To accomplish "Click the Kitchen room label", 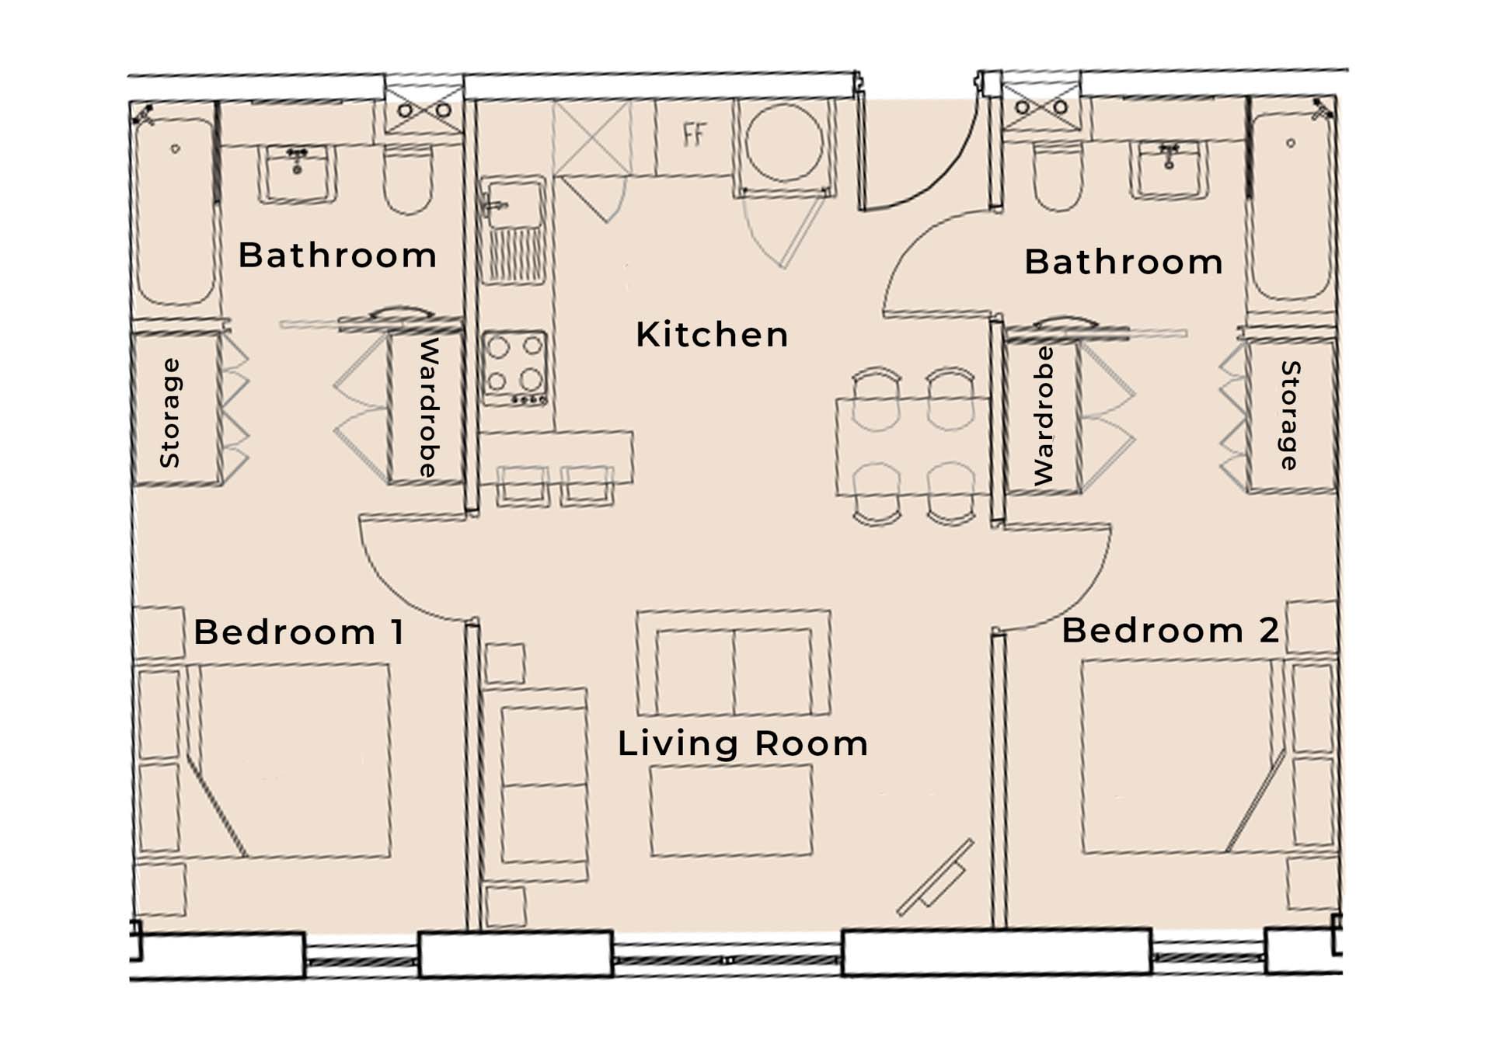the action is point(712,335).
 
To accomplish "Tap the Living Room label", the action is point(743,743).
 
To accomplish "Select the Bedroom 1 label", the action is point(299,632).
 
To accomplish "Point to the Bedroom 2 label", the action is point(1170,630).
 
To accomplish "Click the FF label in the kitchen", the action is point(694,134).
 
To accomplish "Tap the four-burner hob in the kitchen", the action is point(514,368).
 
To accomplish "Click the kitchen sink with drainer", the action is point(513,230).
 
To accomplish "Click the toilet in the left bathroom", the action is point(409,179).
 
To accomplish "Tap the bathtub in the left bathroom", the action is point(176,211).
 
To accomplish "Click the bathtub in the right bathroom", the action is point(1291,207).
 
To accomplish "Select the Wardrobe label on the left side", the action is point(429,407).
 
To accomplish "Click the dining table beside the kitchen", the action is point(914,447).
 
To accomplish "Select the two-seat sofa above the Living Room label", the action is point(734,663).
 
